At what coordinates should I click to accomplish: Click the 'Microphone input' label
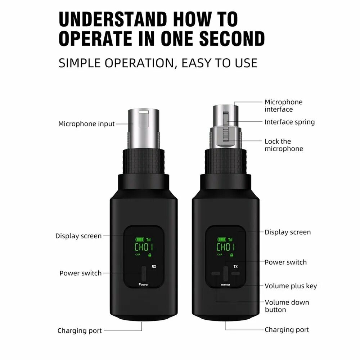tap(86, 124)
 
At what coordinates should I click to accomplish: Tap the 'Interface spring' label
tap(289, 122)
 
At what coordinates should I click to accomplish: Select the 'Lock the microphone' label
tap(284, 145)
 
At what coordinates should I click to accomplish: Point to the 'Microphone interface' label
tap(284, 105)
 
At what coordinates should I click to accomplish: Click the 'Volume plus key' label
tap(291, 286)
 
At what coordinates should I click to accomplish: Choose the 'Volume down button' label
tap(287, 306)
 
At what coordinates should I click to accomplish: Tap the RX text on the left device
tap(154, 266)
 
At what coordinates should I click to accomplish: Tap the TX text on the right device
tap(235, 266)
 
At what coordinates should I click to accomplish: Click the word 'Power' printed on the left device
tap(144, 284)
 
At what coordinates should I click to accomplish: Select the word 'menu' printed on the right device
tap(225, 284)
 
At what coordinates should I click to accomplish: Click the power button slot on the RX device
tap(144, 273)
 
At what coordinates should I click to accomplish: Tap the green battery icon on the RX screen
tap(140, 239)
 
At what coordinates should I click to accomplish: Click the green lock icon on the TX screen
tap(231, 255)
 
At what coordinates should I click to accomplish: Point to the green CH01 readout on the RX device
tap(144, 247)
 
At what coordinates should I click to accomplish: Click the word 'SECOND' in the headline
tap(232, 39)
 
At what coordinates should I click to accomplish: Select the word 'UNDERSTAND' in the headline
tap(113, 19)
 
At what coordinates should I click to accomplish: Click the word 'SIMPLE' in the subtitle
tap(80, 63)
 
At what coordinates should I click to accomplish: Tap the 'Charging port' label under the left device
tap(80, 330)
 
